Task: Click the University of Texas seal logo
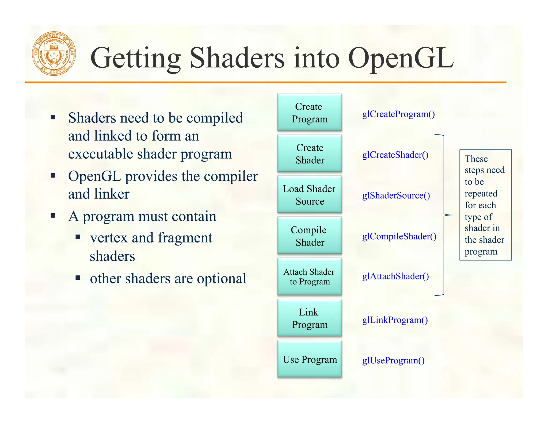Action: coord(54,53)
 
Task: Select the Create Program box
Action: coord(310,112)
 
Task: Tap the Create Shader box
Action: coord(310,153)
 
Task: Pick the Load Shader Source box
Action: coord(310,195)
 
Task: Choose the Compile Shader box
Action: coord(310,236)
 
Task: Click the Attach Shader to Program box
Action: coord(310,277)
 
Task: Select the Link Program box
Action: coord(310,318)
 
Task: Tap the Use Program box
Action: coord(310,359)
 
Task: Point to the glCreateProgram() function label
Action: coord(398,114)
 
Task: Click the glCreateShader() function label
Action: coord(395,155)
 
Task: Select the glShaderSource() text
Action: coord(396,196)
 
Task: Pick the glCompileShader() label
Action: coord(399,237)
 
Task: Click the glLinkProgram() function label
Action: coord(395,320)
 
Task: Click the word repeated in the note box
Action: coord(481,194)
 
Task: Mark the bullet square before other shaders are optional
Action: coord(78,278)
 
